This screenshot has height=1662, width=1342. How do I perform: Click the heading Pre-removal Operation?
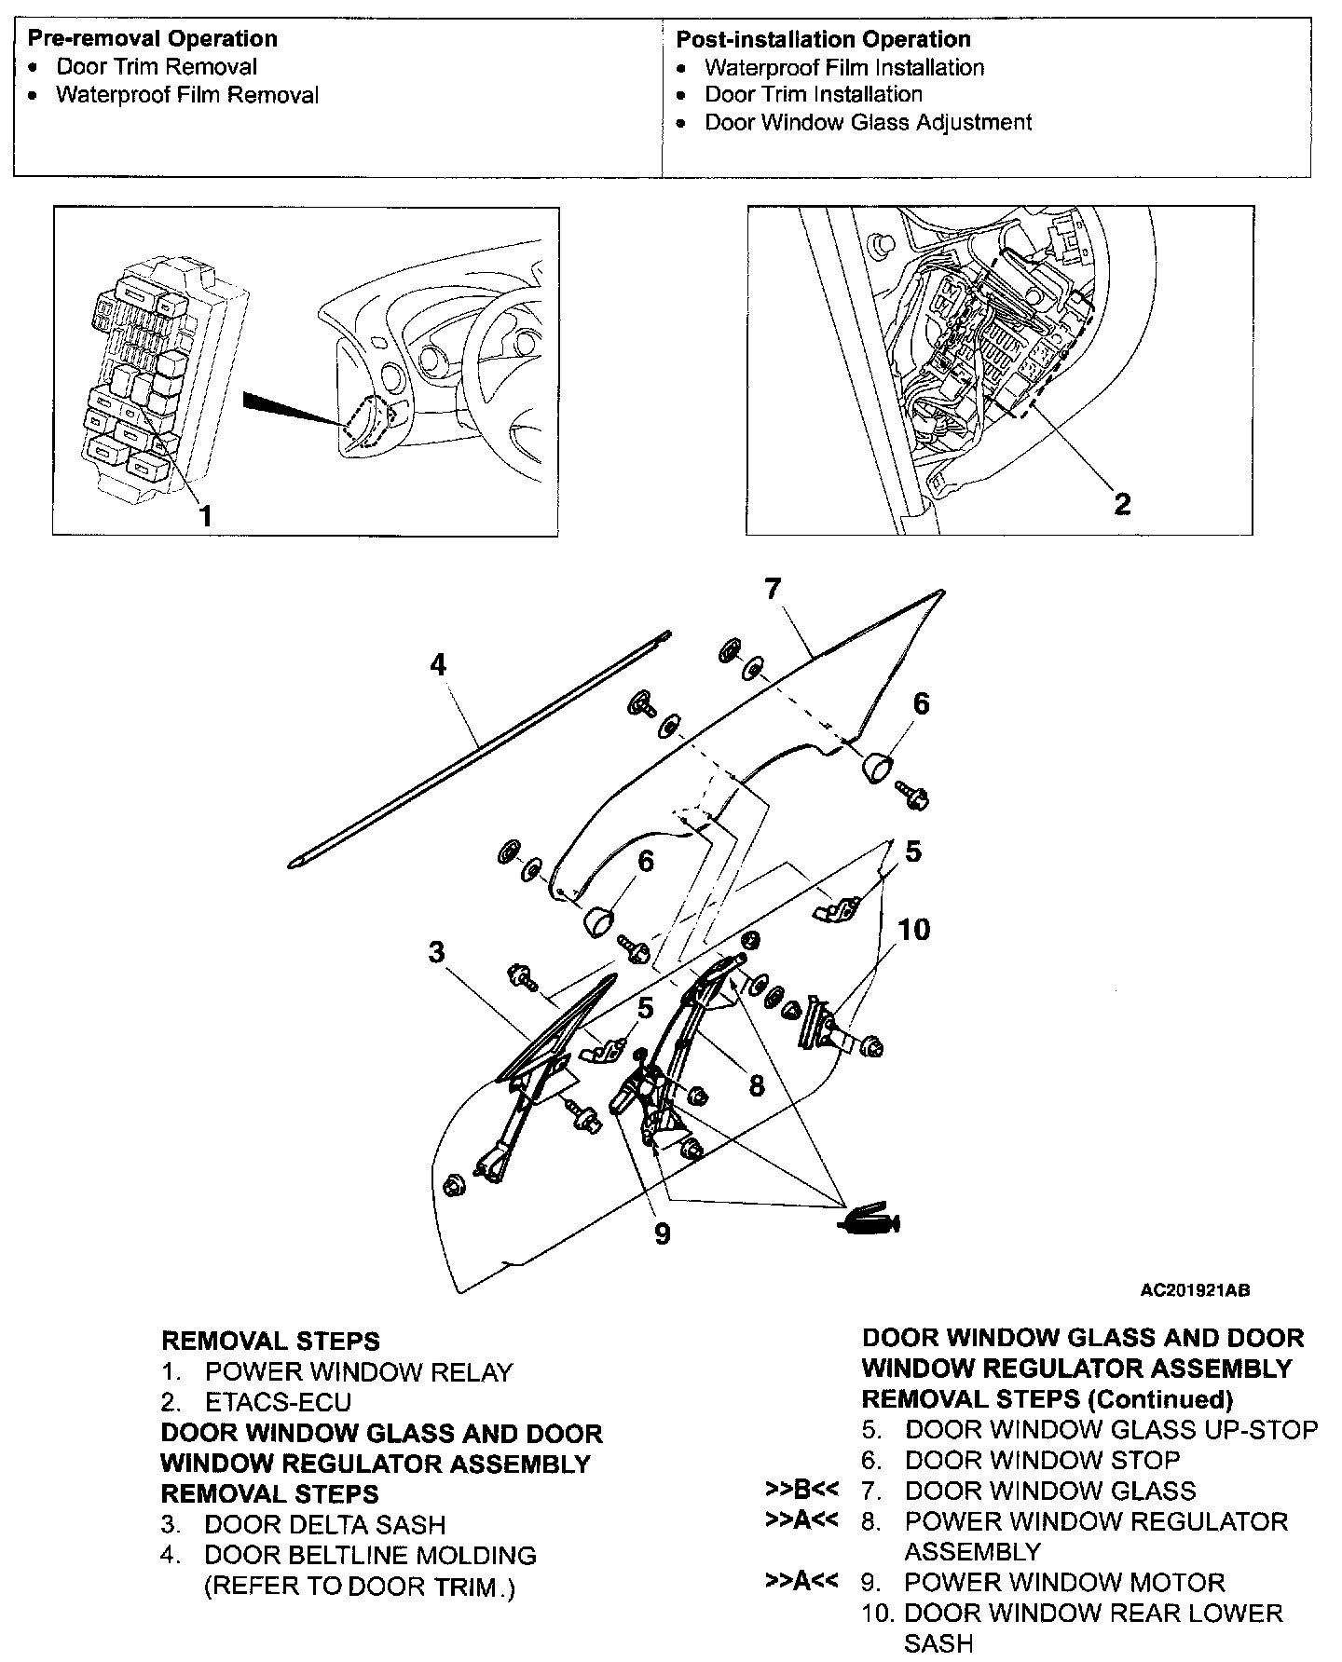pos(152,39)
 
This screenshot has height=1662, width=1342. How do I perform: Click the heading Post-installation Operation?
pos(823,39)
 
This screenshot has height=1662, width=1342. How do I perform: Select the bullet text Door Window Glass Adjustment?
pos(868,122)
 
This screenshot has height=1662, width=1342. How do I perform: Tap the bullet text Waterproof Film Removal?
pos(187,95)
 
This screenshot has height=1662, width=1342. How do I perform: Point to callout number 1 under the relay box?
pos(205,514)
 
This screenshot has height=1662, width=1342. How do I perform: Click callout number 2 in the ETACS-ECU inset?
pos(1122,503)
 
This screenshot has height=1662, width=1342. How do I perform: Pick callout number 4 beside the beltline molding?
pos(438,664)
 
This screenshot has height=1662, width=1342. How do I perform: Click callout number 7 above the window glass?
pos(773,589)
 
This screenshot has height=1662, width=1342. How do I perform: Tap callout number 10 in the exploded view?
pos(914,929)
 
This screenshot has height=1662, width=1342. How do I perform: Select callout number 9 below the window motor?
pos(663,1233)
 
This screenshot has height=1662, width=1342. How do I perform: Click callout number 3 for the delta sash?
pos(436,952)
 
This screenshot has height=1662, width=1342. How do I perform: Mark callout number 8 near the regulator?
pos(757,1084)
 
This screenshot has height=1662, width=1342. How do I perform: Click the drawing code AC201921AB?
pos(1195,1290)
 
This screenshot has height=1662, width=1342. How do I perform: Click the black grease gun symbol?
pos(870,1220)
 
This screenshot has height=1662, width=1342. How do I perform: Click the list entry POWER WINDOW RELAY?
pos(359,1372)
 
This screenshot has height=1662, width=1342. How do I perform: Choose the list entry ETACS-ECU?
pos(278,1403)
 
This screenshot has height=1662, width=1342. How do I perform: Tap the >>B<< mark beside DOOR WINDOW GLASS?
pos(800,1490)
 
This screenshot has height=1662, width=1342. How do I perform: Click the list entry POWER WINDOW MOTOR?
pos(1064,1582)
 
